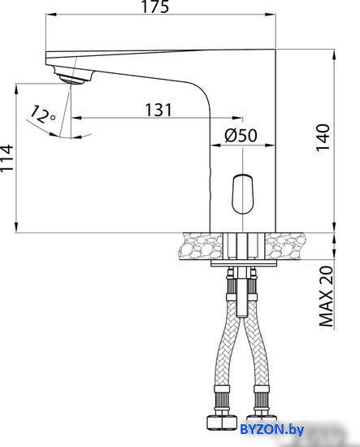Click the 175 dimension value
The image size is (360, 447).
[156, 7]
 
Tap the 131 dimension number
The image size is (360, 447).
[158, 110]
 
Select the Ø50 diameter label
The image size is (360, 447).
[241, 135]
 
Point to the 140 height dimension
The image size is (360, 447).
[323, 137]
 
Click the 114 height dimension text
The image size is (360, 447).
[7, 158]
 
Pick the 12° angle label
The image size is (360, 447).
[42, 115]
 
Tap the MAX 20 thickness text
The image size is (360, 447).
[326, 296]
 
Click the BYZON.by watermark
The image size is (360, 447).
[272, 429]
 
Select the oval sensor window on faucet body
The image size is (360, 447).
[242, 194]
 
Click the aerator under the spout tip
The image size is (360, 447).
[71, 78]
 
